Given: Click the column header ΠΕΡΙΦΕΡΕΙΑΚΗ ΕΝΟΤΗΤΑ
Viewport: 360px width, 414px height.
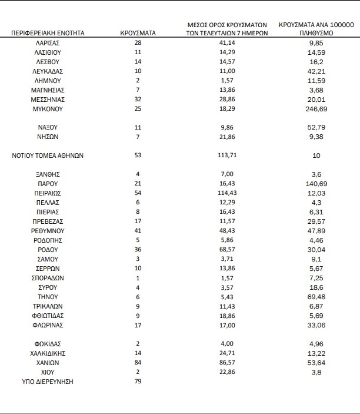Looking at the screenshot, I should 48,33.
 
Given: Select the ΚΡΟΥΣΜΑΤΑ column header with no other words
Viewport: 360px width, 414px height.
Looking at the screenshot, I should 138,33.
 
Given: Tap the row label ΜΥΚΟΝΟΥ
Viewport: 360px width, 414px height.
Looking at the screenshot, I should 48,109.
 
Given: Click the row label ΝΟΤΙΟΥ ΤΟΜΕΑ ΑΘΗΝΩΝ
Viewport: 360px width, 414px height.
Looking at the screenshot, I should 48,155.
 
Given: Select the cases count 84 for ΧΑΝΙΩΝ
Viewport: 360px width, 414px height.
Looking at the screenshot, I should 138,363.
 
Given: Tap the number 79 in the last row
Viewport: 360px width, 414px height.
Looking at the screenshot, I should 138,382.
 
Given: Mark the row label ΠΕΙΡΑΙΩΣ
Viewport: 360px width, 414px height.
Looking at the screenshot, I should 48,193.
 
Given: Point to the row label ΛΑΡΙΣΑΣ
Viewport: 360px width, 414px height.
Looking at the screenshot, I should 48,43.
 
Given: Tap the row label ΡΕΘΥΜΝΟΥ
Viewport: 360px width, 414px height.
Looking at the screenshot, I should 48,231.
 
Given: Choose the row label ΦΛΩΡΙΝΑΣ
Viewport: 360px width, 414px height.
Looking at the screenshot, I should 48,324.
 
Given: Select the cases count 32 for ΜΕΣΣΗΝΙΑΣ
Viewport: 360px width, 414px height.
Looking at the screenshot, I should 138,100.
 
